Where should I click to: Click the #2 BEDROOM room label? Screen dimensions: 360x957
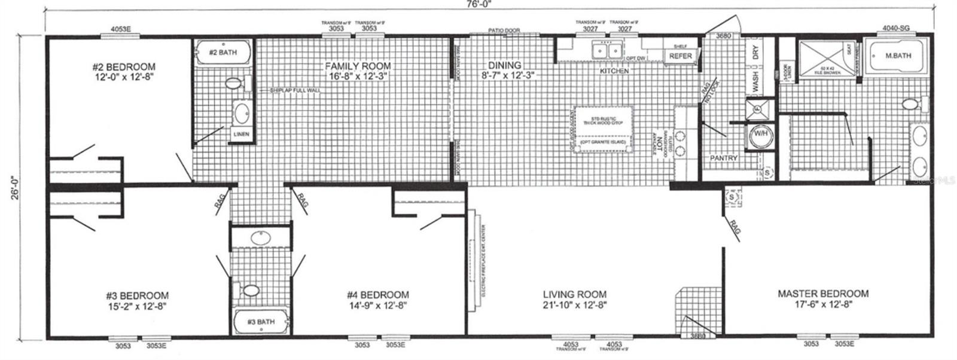[x=124, y=67]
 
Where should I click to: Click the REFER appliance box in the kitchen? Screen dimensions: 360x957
[x=680, y=56]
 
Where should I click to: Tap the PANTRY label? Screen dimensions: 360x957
[x=724, y=158]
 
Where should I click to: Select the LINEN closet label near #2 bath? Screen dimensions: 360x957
[x=241, y=135]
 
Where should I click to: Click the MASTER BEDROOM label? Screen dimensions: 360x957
[x=822, y=294]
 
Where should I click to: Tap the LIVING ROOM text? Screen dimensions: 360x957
[x=574, y=294]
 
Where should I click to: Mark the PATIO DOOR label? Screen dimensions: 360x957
[x=504, y=30]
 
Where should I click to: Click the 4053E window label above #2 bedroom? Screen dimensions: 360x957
[x=120, y=28]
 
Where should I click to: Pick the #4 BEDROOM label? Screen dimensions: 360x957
[x=378, y=295]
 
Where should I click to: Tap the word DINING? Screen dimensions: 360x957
[x=504, y=65]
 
